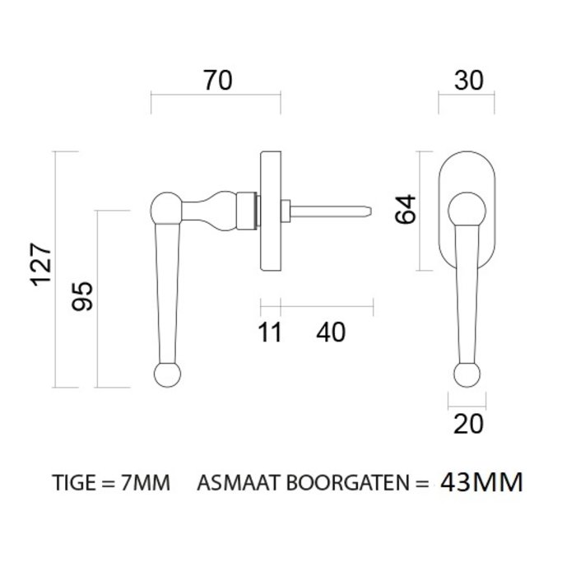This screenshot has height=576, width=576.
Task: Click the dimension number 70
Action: pyautogui.click(x=216, y=81)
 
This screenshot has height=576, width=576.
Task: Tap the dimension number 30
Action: pyautogui.click(x=467, y=81)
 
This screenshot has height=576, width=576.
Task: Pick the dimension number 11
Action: pyautogui.click(x=268, y=332)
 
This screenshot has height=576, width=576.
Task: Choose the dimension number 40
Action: pyautogui.click(x=330, y=332)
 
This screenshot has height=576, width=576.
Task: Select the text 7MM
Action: pyautogui.click(x=146, y=483)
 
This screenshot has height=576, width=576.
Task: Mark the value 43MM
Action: pyautogui.click(x=481, y=481)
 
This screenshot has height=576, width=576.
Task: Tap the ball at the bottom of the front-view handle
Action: pyautogui.click(x=466, y=374)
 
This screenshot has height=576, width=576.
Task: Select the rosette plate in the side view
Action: pyautogui.click(x=269, y=211)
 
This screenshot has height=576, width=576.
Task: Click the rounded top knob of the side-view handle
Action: pyautogui.click(x=166, y=205)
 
